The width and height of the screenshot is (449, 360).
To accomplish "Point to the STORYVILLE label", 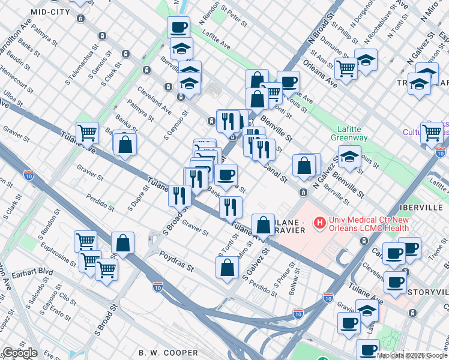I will click(426, 292).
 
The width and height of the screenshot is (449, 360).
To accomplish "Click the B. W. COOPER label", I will click(168, 352).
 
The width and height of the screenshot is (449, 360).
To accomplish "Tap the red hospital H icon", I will click(320, 223).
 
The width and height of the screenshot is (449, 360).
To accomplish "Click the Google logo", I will click(20, 353).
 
